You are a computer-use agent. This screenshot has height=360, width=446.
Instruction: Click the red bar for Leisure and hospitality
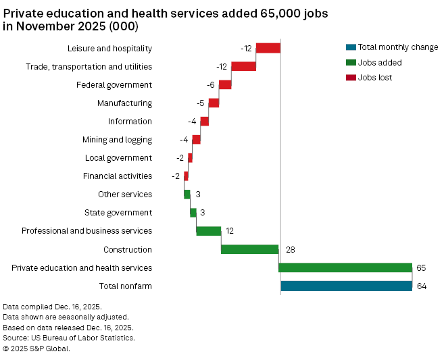(268, 48)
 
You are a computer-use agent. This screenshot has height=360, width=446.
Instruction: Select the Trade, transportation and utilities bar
(243, 66)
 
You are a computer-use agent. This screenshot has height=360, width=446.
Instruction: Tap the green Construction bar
(249, 249)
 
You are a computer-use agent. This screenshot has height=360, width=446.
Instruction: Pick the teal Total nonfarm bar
(346, 286)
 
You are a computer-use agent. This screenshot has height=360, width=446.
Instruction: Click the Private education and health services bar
(345, 267)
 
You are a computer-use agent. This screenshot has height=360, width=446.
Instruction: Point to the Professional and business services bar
(209, 231)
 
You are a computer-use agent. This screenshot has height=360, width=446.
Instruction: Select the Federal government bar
(225, 84)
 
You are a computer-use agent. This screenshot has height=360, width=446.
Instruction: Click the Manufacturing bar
(214, 103)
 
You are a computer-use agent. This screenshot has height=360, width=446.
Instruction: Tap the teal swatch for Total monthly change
(350, 47)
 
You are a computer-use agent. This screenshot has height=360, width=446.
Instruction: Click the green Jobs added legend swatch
(350, 62)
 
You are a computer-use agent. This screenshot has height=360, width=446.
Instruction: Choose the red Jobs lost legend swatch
(350, 77)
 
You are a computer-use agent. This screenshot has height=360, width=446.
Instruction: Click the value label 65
(421, 267)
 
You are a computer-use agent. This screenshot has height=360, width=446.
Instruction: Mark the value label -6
(211, 84)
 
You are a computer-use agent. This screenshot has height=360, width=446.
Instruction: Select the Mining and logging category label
(117, 140)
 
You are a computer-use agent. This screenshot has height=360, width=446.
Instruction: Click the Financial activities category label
(118, 176)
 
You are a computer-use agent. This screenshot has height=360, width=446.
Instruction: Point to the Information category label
(130, 122)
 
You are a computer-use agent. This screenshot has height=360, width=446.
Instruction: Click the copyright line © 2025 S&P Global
(36, 349)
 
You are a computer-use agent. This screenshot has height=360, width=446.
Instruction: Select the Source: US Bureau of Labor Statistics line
(69, 338)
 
